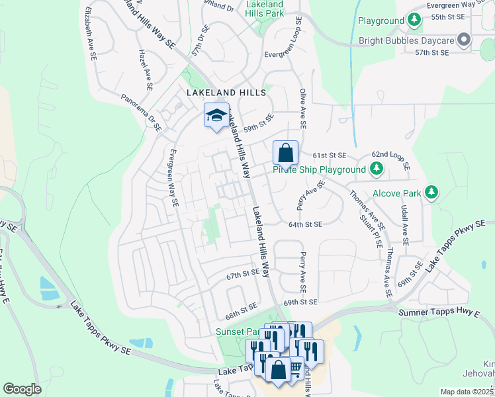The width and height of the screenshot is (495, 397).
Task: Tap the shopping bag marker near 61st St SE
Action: click(x=285, y=154)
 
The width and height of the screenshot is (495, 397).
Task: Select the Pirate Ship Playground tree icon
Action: click(x=376, y=169)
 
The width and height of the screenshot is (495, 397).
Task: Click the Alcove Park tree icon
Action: click(x=431, y=193)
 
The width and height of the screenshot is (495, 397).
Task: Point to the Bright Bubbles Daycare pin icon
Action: click(x=464, y=40)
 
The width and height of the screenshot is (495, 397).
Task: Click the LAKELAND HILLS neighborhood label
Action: click(x=226, y=93)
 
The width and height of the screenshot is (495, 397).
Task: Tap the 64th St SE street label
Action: click(x=305, y=224)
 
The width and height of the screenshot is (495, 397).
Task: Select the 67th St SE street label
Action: click(x=243, y=273)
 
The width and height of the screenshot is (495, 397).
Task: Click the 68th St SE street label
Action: click(x=241, y=308)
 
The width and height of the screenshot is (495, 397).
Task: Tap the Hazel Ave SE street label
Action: click(x=145, y=69)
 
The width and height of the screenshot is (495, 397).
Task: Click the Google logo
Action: click(x=22, y=389)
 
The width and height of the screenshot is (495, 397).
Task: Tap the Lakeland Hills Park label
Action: click(x=265, y=8)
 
